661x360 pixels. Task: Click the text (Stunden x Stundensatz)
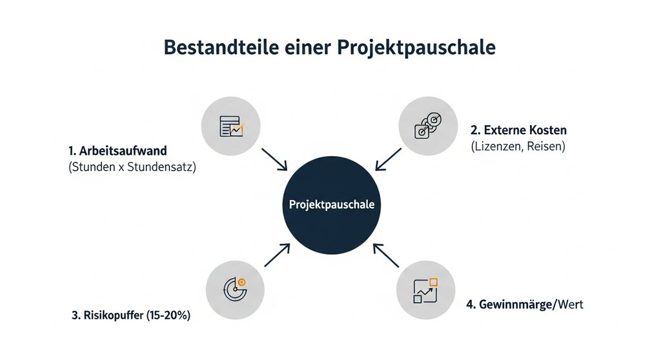click(x=133, y=169)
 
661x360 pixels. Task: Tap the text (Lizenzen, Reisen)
click(x=518, y=147)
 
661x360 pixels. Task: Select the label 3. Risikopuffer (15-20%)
click(x=131, y=316)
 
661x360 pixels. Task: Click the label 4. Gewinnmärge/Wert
click(x=524, y=303)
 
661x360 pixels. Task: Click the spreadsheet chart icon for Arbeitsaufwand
click(x=230, y=126)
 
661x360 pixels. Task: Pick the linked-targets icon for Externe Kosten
click(x=429, y=125)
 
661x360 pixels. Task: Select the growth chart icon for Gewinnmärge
click(x=425, y=290)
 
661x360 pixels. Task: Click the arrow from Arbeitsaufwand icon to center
click(x=274, y=158)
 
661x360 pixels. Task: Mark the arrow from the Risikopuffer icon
click(x=276, y=254)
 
